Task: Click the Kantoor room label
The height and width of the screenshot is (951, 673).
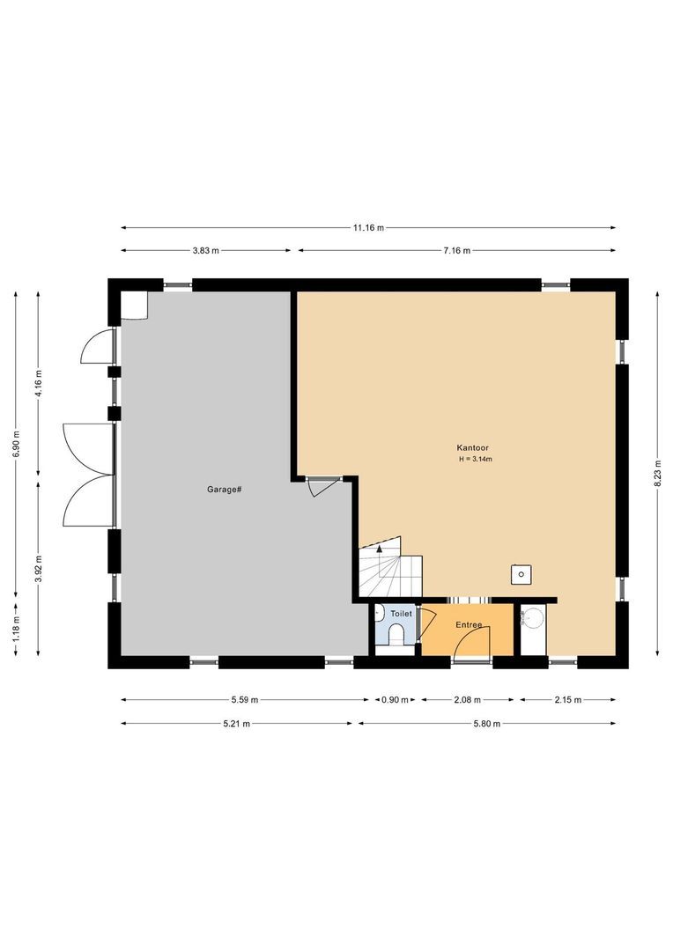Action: pos(473,448)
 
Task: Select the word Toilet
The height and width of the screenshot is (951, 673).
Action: pos(401,613)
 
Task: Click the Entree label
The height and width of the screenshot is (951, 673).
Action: pos(468,625)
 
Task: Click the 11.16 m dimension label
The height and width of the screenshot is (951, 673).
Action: pos(368,228)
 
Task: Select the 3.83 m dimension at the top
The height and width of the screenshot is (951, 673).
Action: pos(205,251)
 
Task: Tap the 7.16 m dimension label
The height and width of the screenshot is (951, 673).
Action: pos(455,251)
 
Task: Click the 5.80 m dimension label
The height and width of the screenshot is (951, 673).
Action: pos(484,724)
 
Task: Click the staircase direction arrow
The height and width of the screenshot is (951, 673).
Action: pos(380,548)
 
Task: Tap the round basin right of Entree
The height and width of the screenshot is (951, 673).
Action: pos(534,618)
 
